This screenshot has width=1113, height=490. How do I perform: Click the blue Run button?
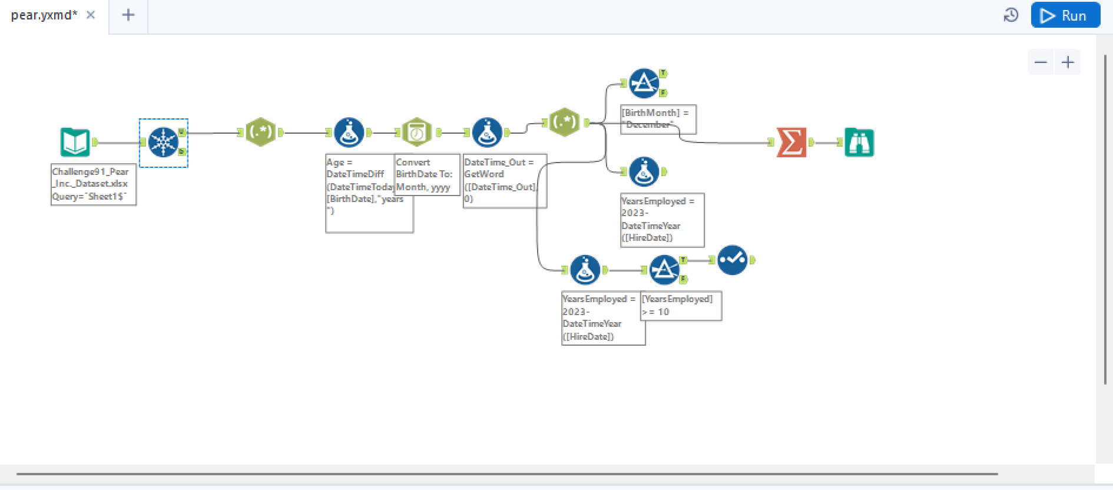(1065, 15)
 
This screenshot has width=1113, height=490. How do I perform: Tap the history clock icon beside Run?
(1011, 15)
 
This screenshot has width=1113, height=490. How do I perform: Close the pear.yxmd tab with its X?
(91, 15)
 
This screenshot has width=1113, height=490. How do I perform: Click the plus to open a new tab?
(128, 15)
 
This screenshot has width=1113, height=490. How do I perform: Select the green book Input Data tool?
(75, 143)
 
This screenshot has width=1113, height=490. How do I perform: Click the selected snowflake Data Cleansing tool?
(163, 143)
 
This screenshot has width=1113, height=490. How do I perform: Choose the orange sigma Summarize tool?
(791, 143)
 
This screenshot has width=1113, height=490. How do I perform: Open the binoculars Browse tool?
(859, 143)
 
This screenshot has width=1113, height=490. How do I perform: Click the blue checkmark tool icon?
(732, 260)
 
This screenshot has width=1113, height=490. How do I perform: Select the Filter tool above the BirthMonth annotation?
(644, 84)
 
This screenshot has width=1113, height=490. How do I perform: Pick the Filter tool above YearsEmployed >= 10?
(664, 270)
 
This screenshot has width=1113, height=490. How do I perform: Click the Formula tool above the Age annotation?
(349, 133)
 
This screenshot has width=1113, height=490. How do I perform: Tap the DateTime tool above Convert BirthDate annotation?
(416, 133)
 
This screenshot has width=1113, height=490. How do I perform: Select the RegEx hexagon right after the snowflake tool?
(260, 133)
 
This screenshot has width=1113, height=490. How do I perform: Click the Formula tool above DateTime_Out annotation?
(487, 133)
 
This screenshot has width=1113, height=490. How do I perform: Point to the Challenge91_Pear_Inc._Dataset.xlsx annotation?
(93, 184)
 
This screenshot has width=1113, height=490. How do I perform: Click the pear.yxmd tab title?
(44, 15)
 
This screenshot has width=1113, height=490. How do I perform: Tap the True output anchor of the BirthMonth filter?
(663, 73)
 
